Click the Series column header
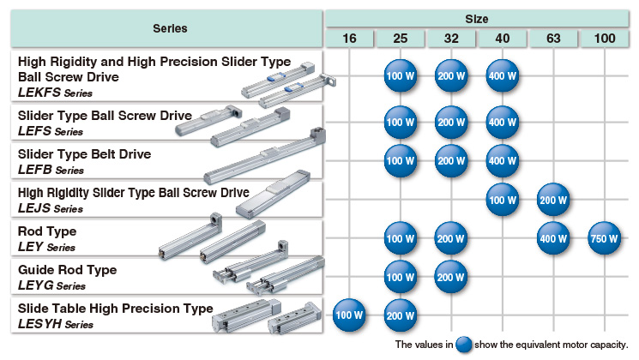click(170, 28)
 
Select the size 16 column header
click(350, 39)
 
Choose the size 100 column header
click(604, 39)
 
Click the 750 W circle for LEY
click(604, 237)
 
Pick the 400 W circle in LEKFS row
click(502, 75)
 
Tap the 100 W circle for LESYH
click(349, 315)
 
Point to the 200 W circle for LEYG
click(451, 276)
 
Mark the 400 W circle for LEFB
click(502, 160)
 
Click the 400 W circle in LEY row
click(553, 237)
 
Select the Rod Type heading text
click(47, 231)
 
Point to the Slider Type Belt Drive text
click(84, 154)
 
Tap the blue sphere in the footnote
click(464, 345)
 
